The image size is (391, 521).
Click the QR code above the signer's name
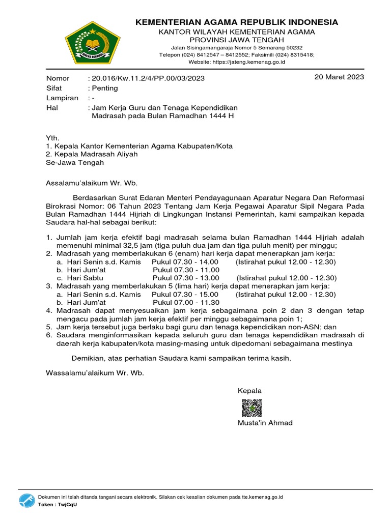coord(251,409)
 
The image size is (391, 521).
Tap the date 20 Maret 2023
coord(340,77)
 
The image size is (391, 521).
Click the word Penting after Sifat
coord(104,88)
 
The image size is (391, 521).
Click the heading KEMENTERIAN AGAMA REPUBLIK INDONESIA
coord(236,22)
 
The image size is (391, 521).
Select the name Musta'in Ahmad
coord(265,423)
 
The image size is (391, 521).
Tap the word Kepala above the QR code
coord(249,391)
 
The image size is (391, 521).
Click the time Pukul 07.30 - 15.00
coord(185,295)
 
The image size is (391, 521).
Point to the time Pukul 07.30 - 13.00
coord(186,278)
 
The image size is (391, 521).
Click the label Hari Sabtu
coord(80,278)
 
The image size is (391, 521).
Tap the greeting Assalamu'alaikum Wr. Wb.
coord(92,183)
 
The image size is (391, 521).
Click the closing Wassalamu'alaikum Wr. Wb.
coord(95,373)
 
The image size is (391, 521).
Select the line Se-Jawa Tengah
coord(75,163)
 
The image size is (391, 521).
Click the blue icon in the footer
coord(26,500)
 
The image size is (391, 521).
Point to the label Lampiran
coord(62,98)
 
